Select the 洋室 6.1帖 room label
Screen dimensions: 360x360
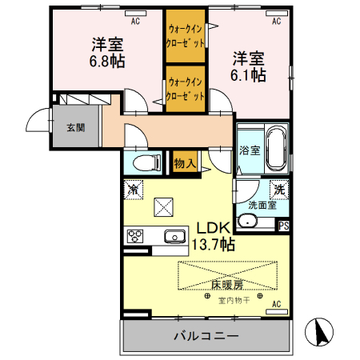[249, 66]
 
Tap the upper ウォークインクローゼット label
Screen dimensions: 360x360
[185, 34]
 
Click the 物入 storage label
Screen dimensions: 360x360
[185, 162]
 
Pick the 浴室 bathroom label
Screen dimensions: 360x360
[249, 150]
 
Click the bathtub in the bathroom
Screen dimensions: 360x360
[276, 149]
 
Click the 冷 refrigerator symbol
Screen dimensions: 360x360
[133, 191]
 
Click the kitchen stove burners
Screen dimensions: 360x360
[134, 236]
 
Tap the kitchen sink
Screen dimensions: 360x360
[174, 236]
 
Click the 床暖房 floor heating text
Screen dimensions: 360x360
[227, 284]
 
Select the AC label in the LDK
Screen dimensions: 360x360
[276, 305]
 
